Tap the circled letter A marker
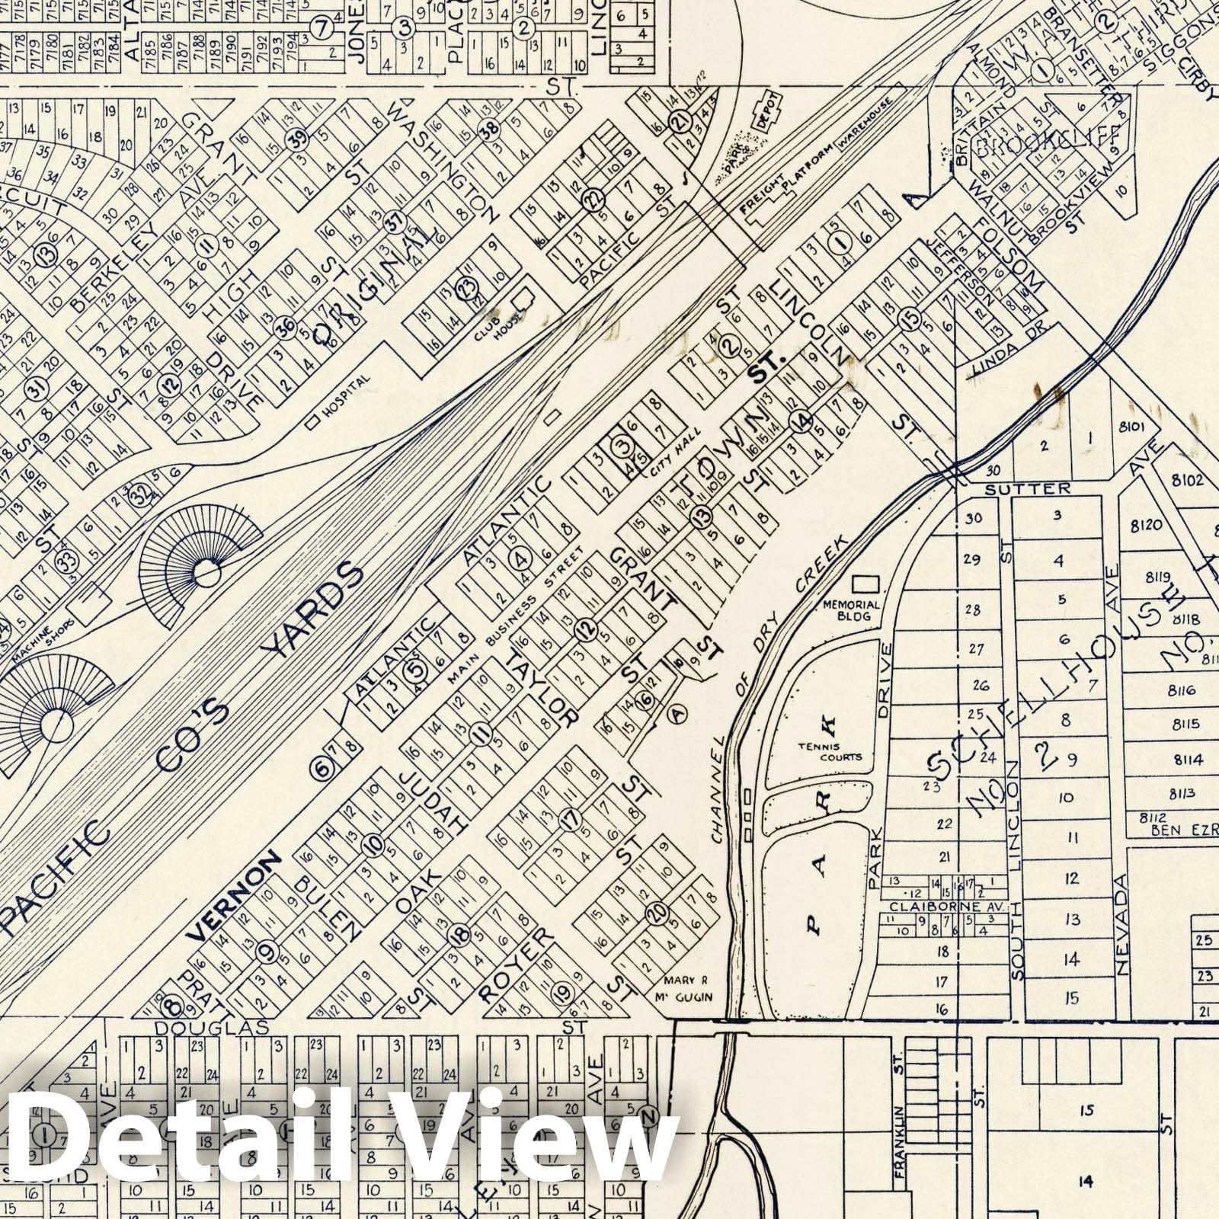(677, 713)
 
